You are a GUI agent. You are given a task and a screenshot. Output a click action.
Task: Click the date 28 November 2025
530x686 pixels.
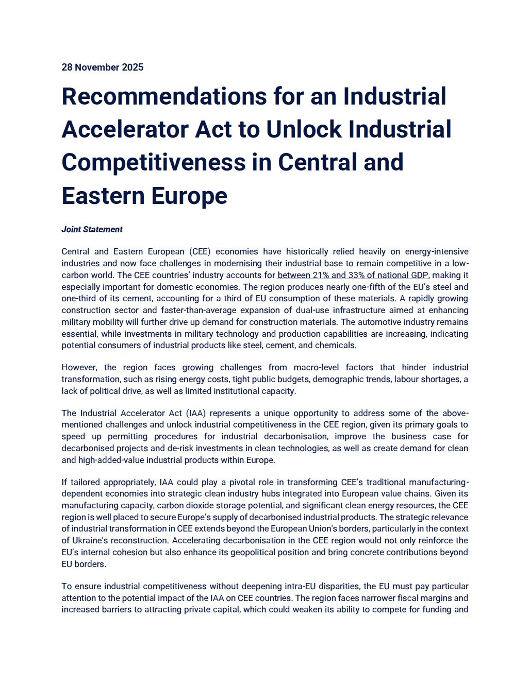pos(102,67)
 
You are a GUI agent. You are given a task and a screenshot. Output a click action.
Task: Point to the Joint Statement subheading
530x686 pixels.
pos(92,230)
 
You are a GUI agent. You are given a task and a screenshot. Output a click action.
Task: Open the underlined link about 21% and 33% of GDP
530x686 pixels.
pos(353,275)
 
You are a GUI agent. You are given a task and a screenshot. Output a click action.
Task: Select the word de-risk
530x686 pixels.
pos(160,449)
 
